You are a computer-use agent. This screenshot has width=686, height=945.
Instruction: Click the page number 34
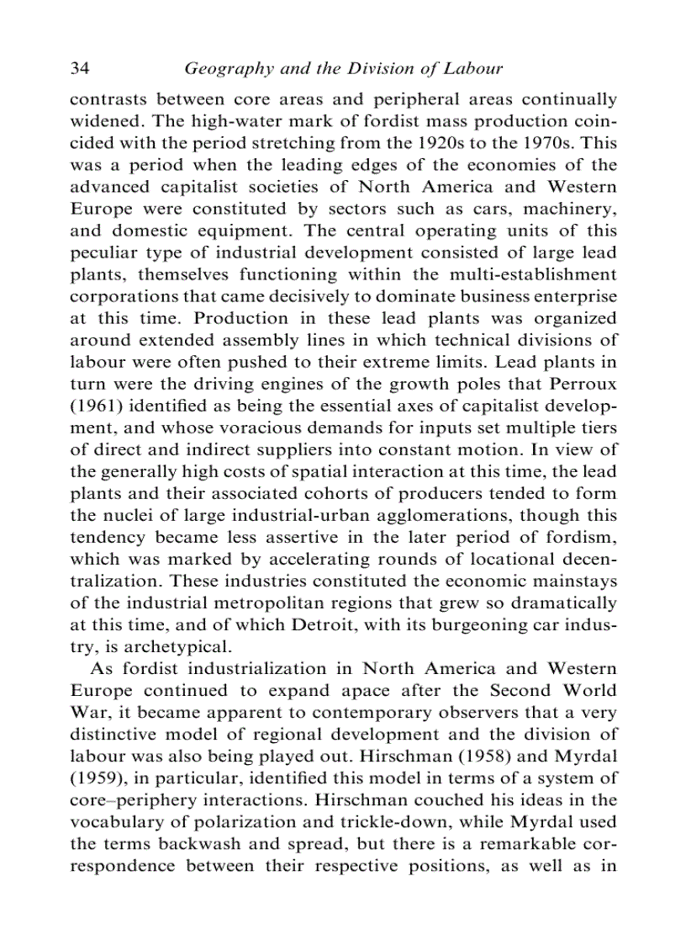coord(80,67)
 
